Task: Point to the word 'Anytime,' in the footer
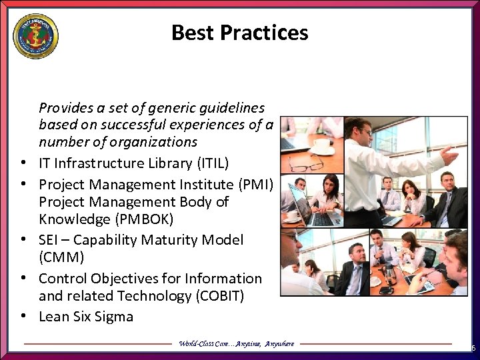(247, 344)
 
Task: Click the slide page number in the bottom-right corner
(473, 348)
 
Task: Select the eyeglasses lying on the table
(308, 163)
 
